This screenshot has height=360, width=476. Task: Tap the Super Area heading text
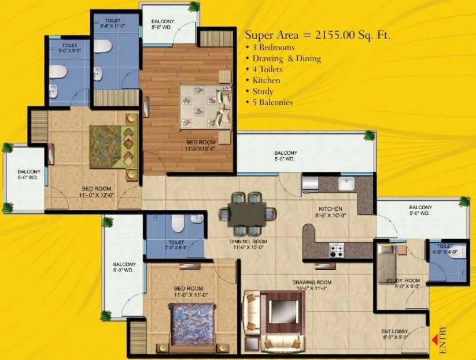(318, 35)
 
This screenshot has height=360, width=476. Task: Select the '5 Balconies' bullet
(272, 102)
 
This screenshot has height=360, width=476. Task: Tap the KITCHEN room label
(330, 209)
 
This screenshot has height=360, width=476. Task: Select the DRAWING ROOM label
(311, 283)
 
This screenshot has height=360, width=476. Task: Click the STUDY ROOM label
(403, 281)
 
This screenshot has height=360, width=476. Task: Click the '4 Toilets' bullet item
(267, 69)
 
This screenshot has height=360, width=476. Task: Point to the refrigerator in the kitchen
(309, 184)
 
